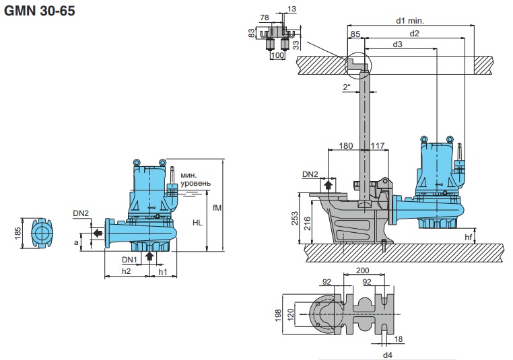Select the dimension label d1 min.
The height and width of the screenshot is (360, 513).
(409, 20)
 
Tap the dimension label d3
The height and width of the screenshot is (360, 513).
(398, 44)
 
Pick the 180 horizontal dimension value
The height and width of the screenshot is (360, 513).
(346, 145)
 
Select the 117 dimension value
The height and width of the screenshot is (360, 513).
(378, 145)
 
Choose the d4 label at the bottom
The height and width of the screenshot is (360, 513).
(387, 353)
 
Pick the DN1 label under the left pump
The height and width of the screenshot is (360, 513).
(129, 259)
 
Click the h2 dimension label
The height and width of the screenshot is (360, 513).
(125, 271)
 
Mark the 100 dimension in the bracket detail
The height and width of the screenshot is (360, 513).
(277, 55)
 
